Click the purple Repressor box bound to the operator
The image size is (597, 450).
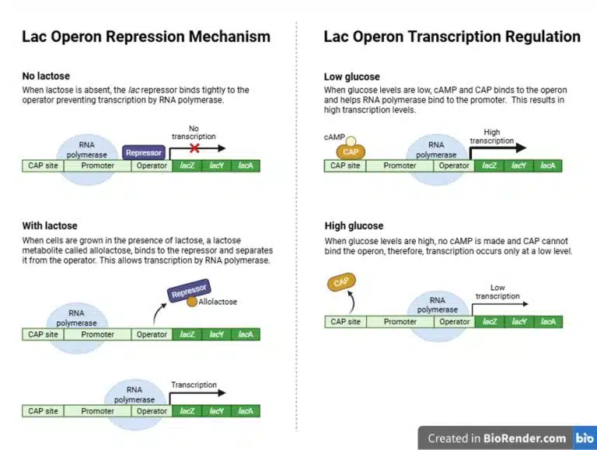[143, 153]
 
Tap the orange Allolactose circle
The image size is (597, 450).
[191, 302]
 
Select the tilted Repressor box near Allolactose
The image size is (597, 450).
[189, 292]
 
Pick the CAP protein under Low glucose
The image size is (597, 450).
[351, 152]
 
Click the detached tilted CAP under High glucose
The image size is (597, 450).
[340, 283]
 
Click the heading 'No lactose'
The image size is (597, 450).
[45, 76]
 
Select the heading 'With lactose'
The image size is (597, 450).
[50, 225]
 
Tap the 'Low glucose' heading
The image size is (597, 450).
[351, 76]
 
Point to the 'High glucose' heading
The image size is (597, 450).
[353, 225]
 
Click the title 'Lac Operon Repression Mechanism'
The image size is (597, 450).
[146, 37]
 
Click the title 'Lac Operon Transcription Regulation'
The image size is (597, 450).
[452, 37]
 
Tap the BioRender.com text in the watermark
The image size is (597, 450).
[524, 438]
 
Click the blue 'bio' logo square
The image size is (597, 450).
[585, 438]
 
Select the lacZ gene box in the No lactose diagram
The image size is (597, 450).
[187, 166]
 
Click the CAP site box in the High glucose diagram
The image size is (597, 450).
[345, 322]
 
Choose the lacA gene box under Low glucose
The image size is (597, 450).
[547, 166]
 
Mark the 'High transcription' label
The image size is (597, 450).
[497, 137]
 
